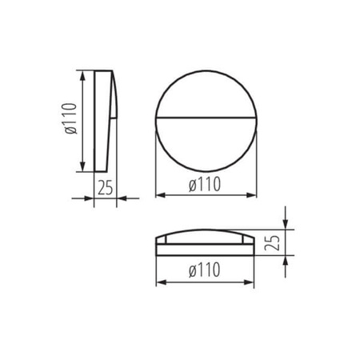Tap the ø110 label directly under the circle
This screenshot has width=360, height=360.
(205, 184)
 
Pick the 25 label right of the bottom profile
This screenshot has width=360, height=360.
(273, 242)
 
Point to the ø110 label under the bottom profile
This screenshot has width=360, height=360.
(205, 270)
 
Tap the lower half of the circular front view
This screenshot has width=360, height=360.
(205, 144)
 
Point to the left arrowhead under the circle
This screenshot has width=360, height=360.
(160, 194)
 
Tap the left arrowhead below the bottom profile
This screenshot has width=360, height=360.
(160, 282)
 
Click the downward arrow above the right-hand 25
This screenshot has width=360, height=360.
(286, 223)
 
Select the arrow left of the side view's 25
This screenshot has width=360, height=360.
(88, 198)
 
